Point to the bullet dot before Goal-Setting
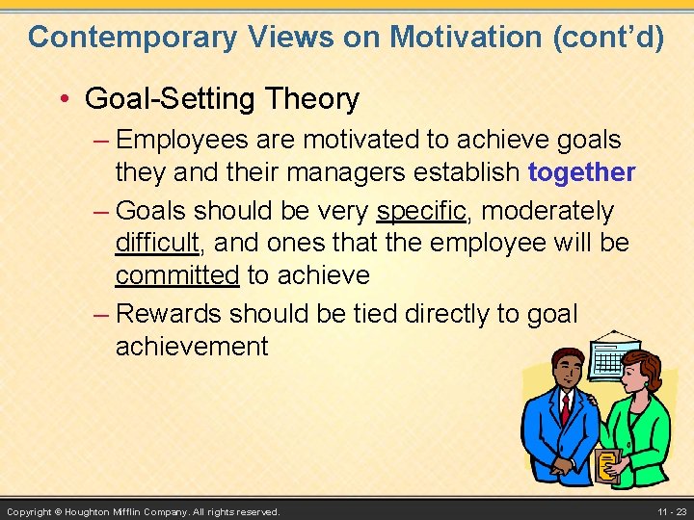(65, 99)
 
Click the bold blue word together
(582, 172)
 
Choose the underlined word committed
(176, 275)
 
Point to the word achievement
(192, 346)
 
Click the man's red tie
(566, 408)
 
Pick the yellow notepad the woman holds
(606, 466)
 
